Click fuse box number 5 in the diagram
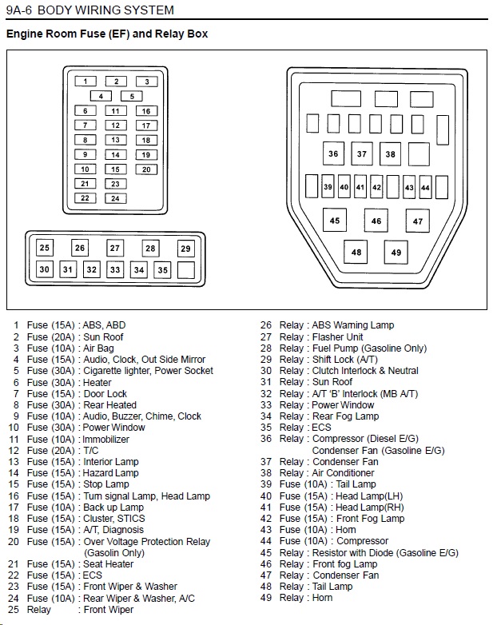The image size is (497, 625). [x=132, y=96]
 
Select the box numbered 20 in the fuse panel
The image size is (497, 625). [x=146, y=169]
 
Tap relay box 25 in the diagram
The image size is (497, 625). [x=44, y=248]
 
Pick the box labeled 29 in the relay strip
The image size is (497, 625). [x=185, y=249]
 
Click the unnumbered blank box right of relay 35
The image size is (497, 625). [x=185, y=270]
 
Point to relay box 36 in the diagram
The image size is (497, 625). [x=333, y=153]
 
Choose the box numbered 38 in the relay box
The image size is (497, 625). [x=390, y=154]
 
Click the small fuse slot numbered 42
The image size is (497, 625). [x=376, y=187]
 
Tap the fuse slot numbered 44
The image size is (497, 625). [x=425, y=187]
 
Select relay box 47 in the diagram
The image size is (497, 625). [x=418, y=221]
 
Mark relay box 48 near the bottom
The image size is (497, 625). [x=356, y=252]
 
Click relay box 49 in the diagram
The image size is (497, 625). [x=396, y=253]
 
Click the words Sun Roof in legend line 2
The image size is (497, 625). [x=103, y=336]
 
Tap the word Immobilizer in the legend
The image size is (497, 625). [x=106, y=440]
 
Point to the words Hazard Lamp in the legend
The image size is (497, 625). [x=110, y=472]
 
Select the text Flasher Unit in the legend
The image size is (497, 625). [x=337, y=336]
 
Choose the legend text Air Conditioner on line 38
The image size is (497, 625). [x=343, y=472]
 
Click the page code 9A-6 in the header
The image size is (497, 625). [x=18, y=10]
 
